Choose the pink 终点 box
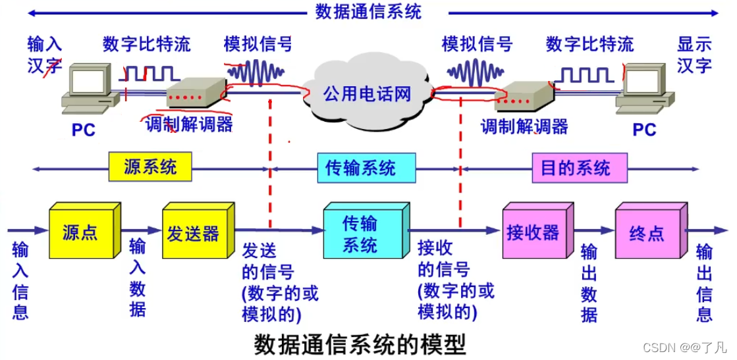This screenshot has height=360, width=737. click(646, 233)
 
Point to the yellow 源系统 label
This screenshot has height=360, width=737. click(151, 167)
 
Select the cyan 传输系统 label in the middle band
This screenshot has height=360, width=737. click(360, 168)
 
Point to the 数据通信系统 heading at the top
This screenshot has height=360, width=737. click(368, 11)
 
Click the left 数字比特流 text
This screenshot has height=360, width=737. click(146, 44)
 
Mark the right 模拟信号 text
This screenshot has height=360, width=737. click(477, 44)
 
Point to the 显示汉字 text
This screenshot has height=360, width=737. click(694, 55)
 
